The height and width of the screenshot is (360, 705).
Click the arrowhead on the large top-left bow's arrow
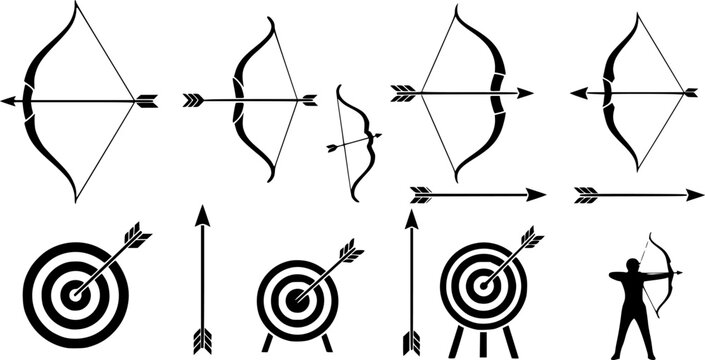7,100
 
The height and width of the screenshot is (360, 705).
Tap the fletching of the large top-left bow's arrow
147,100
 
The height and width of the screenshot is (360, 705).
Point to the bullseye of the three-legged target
483,285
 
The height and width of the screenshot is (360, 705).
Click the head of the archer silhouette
632,266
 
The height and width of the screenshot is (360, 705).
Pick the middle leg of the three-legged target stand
483,342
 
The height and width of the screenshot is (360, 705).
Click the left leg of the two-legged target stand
267,343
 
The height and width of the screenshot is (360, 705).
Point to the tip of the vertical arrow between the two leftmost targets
201,213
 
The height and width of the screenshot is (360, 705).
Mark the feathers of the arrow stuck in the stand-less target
135,240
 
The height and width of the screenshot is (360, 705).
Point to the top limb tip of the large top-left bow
75,5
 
